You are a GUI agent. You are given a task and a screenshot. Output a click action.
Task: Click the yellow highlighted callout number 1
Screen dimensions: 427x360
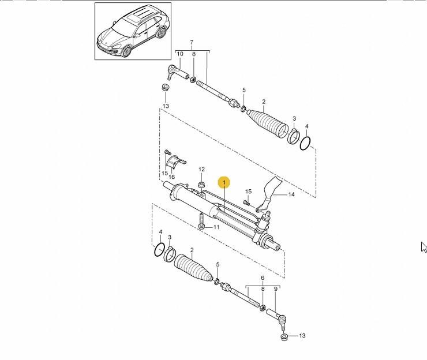click(x=224, y=182)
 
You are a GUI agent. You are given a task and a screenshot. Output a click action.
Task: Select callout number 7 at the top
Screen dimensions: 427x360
click(x=192, y=43)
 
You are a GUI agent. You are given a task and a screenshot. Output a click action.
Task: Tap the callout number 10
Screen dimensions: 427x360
click(x=180, y=54)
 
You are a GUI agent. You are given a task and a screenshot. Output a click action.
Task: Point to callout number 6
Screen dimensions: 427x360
click(x=263, y=278)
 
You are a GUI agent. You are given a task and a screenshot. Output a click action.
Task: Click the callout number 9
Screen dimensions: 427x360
click(x=276, y=289)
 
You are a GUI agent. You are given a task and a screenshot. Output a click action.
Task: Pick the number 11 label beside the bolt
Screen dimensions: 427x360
click(x=216, y=227)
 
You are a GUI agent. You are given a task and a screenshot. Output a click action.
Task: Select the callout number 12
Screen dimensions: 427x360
click(x=201, y=170)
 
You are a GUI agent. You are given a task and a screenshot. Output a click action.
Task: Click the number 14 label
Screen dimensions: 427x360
click(x=291, y=194)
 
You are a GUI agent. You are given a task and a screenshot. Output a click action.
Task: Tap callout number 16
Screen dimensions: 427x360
click(x=171, y=177)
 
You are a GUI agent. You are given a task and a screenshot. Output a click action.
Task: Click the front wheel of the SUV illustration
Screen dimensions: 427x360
click(x=126, y=51)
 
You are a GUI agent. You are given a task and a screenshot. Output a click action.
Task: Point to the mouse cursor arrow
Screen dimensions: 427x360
click(x=424, y=247)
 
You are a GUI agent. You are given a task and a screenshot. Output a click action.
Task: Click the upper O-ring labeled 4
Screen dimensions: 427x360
click(x=305, y=143)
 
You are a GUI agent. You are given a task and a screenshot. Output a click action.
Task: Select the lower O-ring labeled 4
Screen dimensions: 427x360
click(x=159, y=249)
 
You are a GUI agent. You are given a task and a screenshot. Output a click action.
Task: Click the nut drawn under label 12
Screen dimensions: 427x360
click(x=201, y=184)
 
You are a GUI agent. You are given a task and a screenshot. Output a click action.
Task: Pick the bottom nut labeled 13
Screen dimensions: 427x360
click(x=284, y=337)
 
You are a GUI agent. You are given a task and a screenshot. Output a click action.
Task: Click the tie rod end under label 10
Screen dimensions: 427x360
click(x=178, y=72)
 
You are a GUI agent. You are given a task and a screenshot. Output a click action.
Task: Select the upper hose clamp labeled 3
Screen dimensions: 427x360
click(x=294, y=136)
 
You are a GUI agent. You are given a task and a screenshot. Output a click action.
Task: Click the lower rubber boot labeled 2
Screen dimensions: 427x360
click(x=193, y=268)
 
